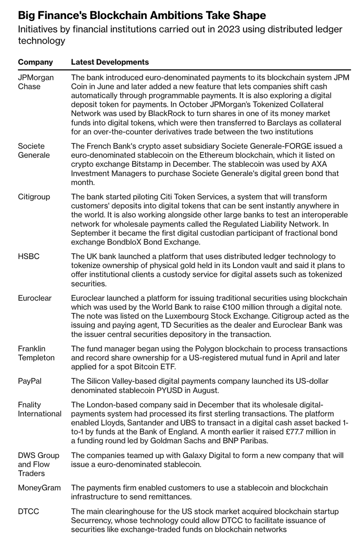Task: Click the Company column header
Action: point(35,62)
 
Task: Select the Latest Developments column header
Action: point(110,62)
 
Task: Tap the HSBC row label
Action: point(29,257)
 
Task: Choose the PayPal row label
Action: point(30,381)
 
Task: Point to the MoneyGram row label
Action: point(39,488)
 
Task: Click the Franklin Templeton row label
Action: point(36,353)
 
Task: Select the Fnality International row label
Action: point(39,409)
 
